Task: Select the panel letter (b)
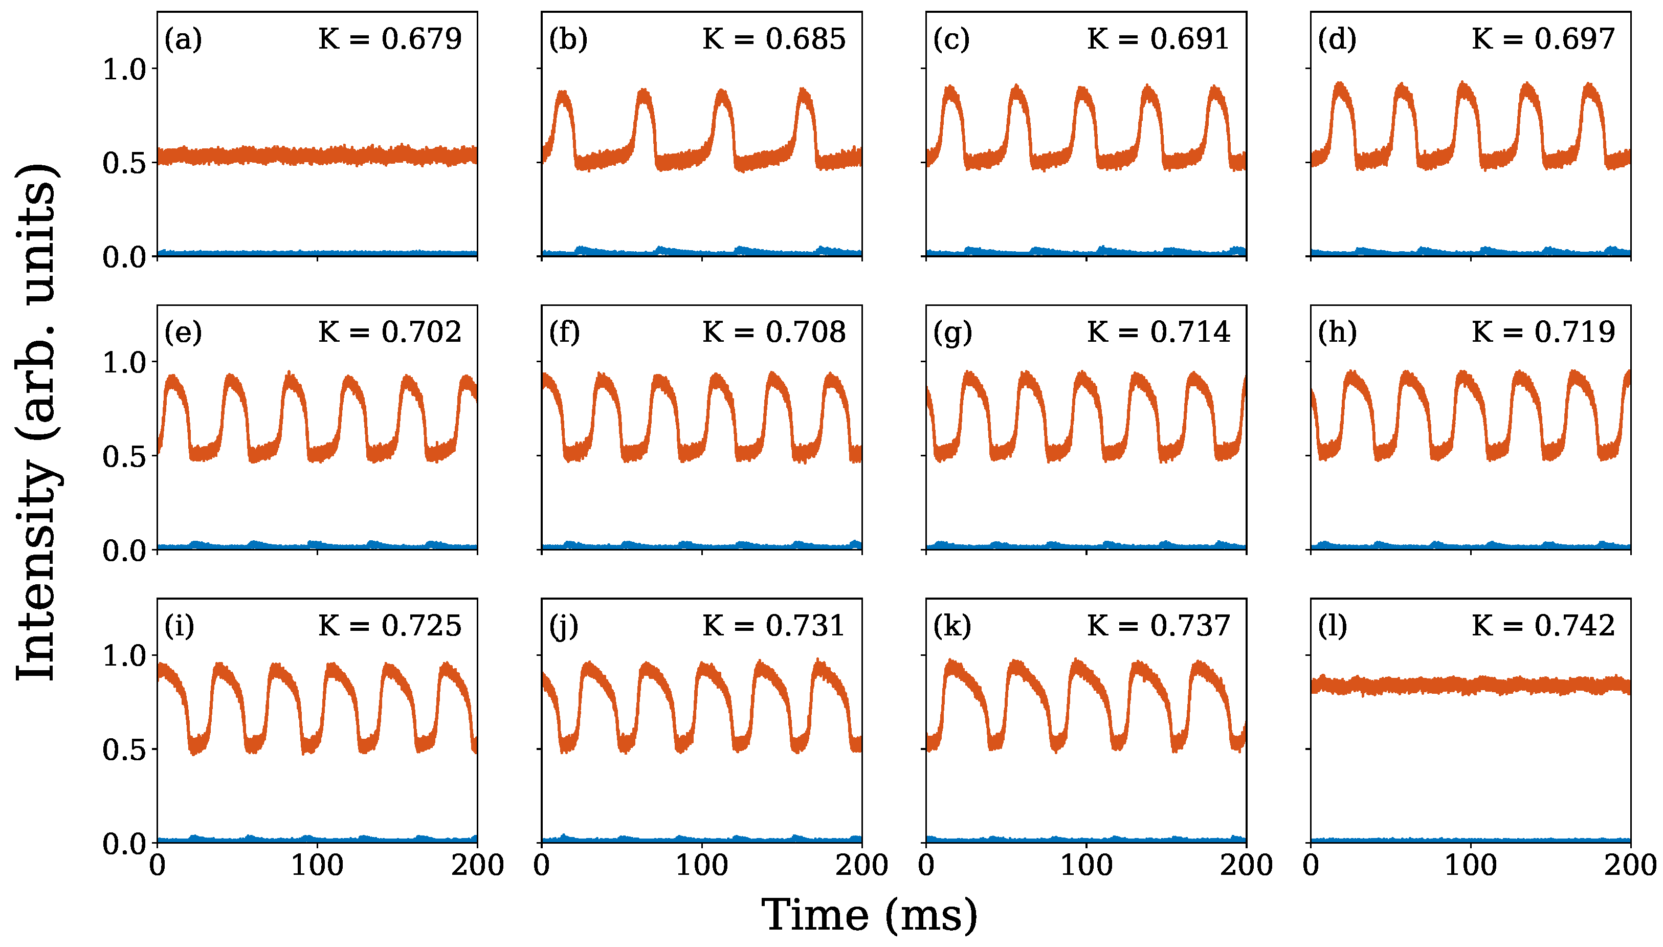568,39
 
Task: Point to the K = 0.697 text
1543,39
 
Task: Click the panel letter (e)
183,333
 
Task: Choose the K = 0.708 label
773,333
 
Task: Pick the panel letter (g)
952,333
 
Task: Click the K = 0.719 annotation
1543,333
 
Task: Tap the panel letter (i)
180,626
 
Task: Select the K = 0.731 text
773,626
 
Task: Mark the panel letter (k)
952,626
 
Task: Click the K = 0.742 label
1543,626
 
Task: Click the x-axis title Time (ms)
869,916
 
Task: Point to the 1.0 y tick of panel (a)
125,69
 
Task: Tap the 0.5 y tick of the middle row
125,456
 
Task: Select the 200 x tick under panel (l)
1630,866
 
